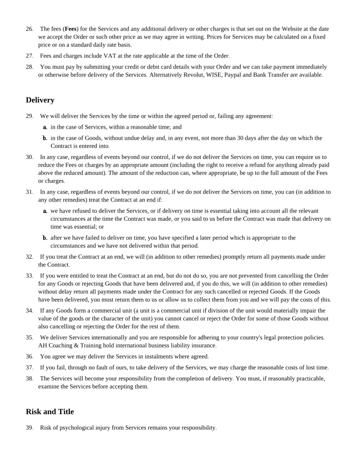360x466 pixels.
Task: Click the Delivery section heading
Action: (x=40, y=100)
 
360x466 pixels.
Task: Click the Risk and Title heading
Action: (x=50, y=411)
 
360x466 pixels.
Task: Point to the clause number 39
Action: (x=29, y=428)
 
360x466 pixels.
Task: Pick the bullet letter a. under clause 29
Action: (x=46, y=127)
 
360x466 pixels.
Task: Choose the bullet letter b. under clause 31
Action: (x=46, y=238)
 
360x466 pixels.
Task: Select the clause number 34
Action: (x=29, y=311)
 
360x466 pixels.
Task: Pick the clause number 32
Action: (x=29, y=257)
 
